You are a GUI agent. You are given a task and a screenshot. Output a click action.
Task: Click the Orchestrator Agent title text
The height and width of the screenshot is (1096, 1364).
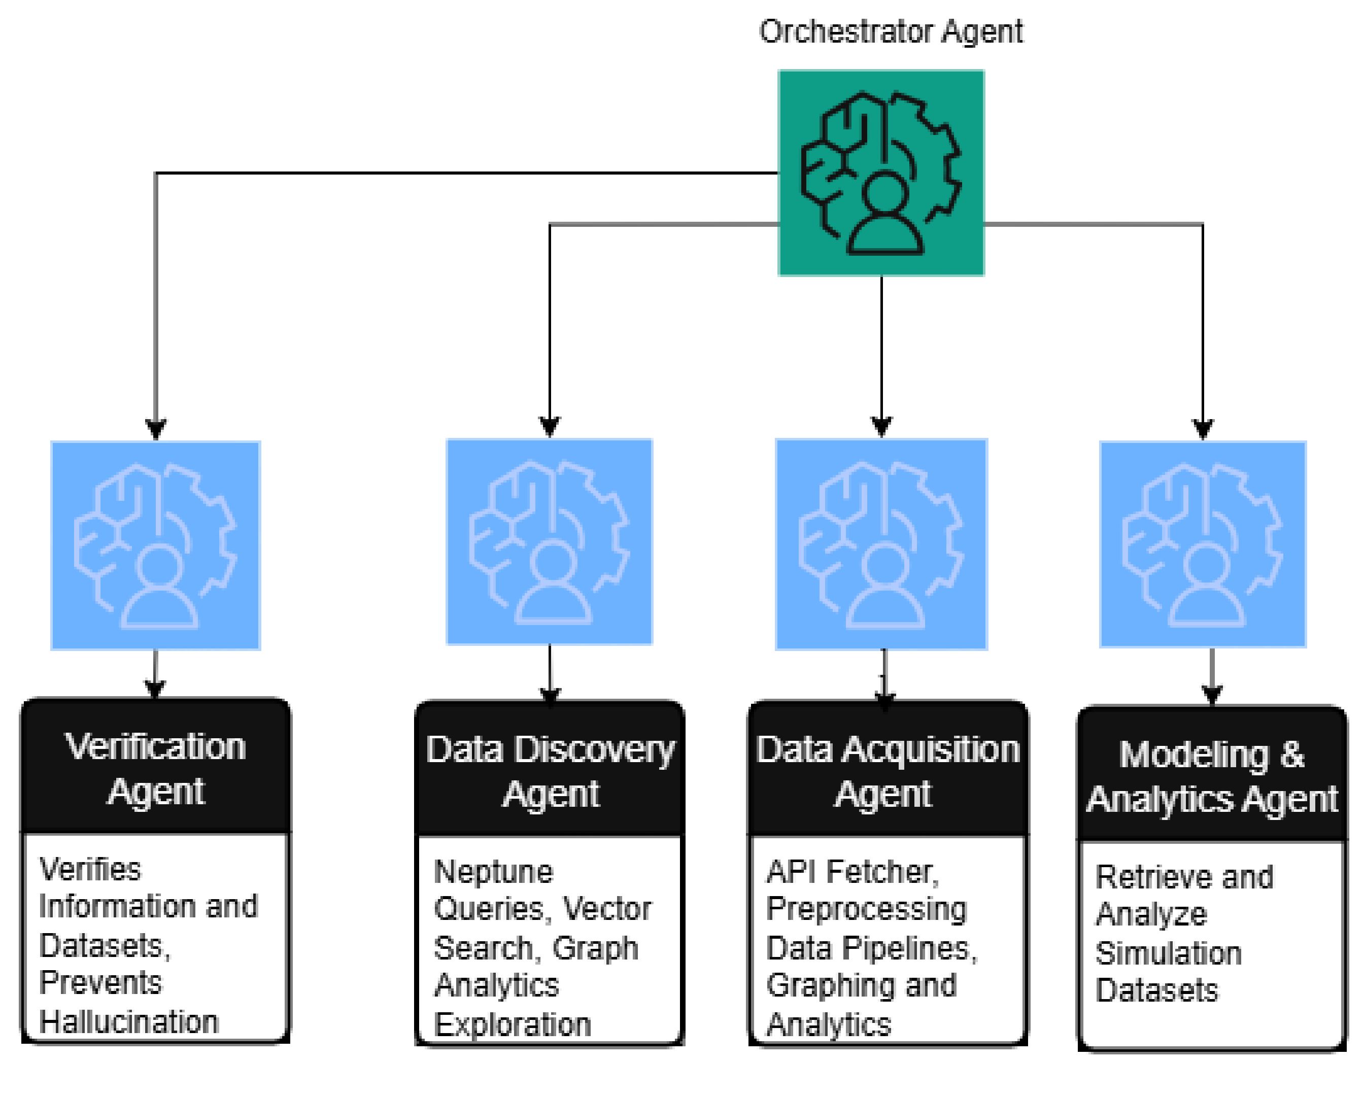890,31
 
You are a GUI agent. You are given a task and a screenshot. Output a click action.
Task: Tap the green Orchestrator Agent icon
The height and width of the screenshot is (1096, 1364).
880,173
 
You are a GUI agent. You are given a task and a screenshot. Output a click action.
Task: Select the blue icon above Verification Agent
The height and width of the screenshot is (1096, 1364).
156,545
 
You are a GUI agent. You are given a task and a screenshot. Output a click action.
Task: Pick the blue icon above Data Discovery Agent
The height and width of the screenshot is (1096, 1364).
549,542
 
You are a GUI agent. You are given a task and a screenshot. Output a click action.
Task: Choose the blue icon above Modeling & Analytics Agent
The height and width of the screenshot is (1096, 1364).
1203,544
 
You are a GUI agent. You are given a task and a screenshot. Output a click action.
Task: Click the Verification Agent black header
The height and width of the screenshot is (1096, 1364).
156,768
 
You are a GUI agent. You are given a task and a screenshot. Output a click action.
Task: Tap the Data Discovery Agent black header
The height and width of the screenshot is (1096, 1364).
550,771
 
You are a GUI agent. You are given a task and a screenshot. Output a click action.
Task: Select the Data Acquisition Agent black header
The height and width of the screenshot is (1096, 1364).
887,771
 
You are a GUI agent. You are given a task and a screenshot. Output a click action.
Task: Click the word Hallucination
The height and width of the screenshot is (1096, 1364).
128,1021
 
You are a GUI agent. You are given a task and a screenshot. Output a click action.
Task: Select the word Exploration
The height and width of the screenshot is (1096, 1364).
513,1024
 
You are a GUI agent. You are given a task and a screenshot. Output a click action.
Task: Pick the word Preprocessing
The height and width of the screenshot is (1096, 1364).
866,909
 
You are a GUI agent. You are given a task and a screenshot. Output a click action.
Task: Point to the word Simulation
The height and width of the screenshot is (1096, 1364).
1168,953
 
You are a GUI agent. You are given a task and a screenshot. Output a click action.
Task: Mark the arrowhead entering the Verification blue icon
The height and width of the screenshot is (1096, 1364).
156,429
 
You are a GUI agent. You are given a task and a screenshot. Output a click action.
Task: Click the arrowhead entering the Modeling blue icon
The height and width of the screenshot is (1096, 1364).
1203,429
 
